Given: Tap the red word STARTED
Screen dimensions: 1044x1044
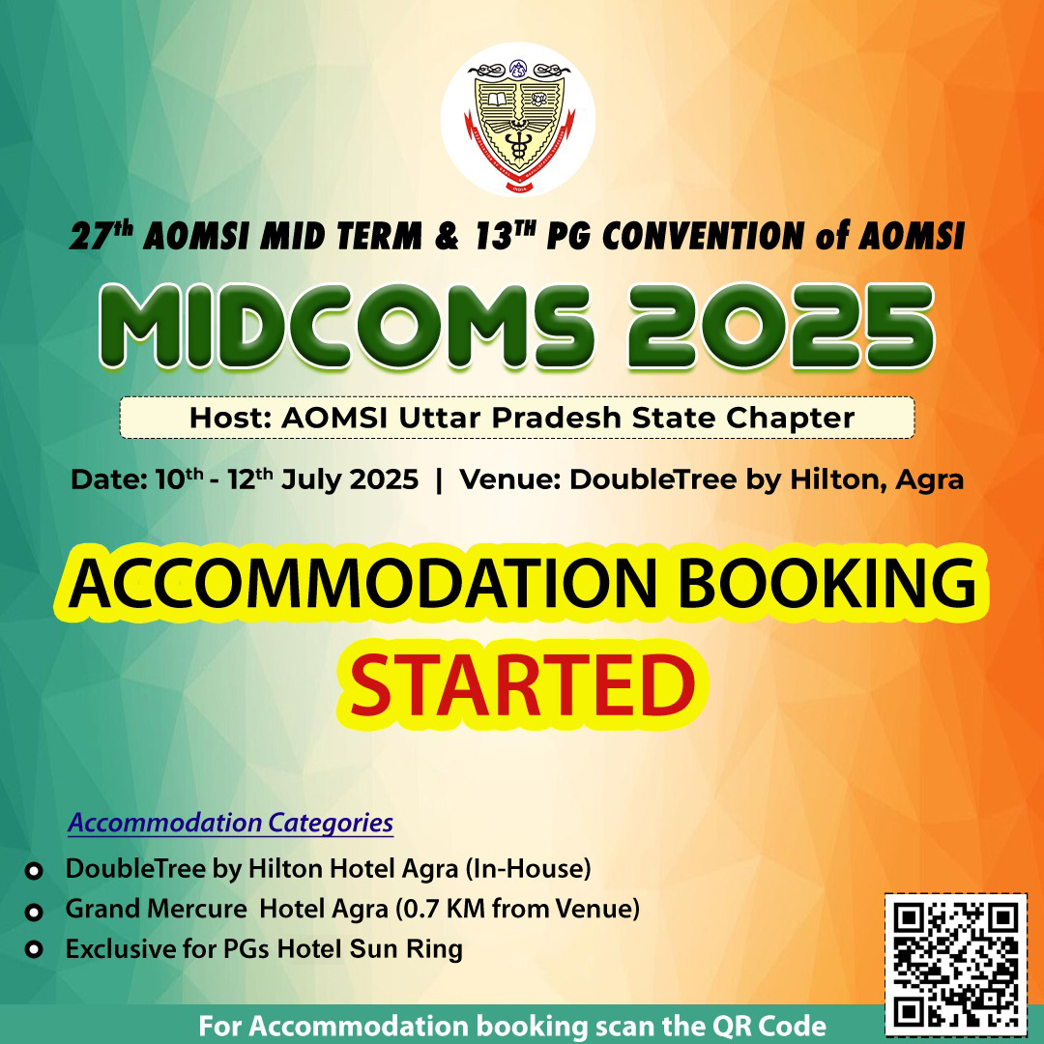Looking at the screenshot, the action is [x=523, y=685].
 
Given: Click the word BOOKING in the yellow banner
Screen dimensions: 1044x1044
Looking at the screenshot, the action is [x=826, y=584].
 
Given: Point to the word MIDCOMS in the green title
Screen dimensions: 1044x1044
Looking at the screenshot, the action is [x=345, y=327].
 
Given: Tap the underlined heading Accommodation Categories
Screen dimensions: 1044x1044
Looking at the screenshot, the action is [x=230, y=824].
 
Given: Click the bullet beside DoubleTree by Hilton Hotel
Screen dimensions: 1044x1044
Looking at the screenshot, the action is [x=33, y=870].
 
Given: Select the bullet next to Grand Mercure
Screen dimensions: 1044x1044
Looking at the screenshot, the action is [x=33, y=911].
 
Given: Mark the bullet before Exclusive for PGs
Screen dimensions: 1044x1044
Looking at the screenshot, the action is [x=33, y=949].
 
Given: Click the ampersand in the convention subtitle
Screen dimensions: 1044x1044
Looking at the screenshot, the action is [x=447, y=236].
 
